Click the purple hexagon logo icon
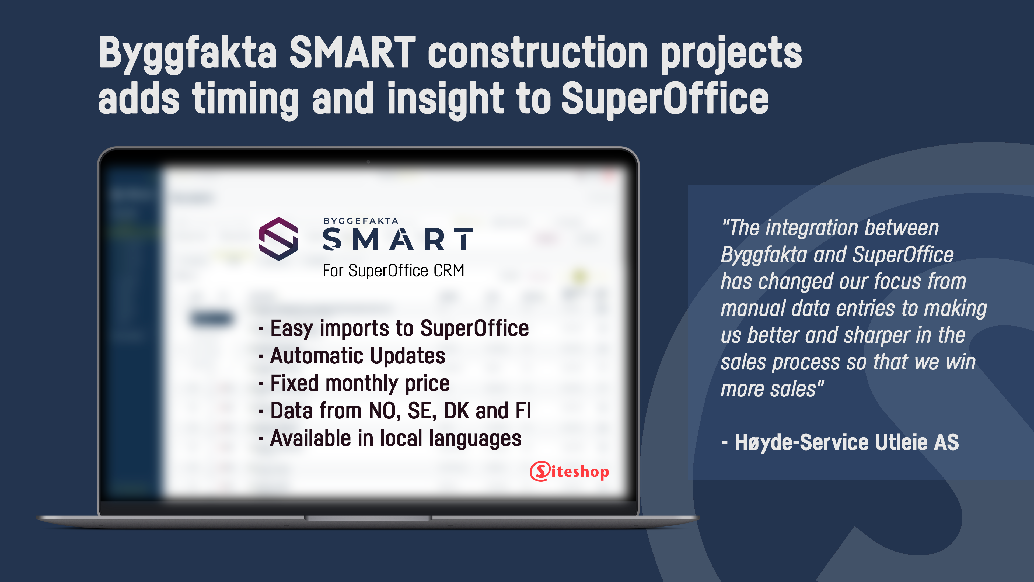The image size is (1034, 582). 279,239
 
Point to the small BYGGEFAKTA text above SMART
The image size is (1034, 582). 361,221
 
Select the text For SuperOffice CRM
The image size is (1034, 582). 393,271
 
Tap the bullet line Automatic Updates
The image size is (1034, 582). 353,356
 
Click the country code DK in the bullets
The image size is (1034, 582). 456,411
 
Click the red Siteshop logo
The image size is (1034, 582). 570,471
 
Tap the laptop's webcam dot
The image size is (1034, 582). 368,162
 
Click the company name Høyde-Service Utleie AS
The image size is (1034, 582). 847,443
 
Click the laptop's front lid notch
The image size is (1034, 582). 368,518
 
